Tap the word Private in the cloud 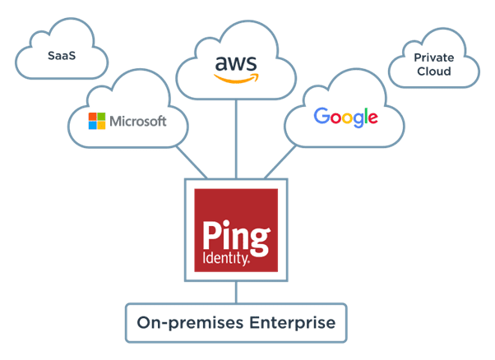[433, 58]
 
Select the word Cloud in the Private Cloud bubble [433, 72]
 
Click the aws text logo [236, 63]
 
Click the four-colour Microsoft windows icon [98, 122]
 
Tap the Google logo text [345, 117]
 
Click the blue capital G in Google [322, 116]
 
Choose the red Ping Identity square [235, 231]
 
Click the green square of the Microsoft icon [102, 117]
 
